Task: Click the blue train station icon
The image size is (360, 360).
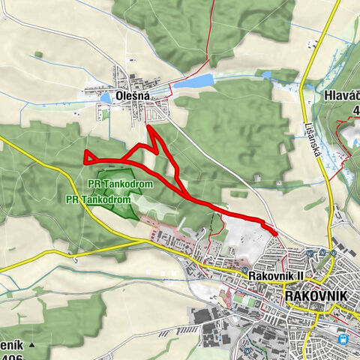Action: pos(343,338)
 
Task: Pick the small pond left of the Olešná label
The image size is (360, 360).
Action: pos(106,97)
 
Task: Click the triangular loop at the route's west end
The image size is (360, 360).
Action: pos(89,157)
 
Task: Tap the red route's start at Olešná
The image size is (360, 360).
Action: pos(148,127)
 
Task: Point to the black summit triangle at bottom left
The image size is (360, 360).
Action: pos(32,345)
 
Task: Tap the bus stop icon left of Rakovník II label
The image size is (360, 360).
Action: pos(245,270)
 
